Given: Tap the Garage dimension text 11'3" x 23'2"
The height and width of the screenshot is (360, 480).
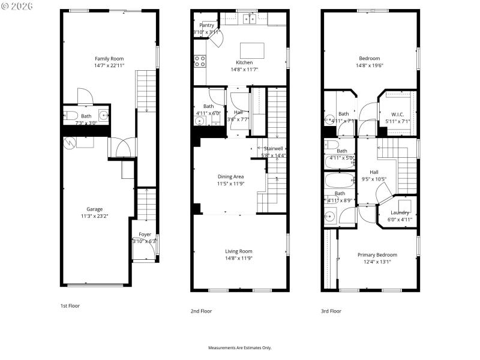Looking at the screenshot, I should point(95,216).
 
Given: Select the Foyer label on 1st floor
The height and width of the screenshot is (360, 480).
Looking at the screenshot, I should point(145,234).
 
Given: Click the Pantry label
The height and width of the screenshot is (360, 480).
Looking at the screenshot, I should point(206,25).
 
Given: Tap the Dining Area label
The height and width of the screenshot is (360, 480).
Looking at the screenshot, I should point(230,176).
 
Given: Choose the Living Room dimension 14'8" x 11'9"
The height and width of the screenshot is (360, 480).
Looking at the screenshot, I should point(238,259).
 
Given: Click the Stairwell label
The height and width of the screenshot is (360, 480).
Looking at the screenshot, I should point(273,148).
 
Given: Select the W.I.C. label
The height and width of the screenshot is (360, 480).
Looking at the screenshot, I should point(398,114).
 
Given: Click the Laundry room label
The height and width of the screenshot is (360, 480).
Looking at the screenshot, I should point(400,212).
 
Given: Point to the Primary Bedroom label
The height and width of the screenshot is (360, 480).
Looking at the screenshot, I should point(377,254).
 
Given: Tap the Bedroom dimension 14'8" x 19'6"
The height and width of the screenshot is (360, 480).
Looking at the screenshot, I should point(370,65).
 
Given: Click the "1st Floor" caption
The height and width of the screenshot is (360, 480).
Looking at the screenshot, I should point(70,305).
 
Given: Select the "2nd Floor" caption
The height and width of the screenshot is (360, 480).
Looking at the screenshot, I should point(201,311).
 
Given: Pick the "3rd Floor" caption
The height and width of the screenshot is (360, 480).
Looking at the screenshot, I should point(331,311).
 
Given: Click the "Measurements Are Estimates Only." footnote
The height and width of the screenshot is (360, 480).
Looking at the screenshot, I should point(239,347).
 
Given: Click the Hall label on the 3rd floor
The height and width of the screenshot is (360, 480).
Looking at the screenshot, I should point(374,172).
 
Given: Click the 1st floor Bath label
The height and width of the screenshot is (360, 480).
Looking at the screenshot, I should point(86,116).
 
